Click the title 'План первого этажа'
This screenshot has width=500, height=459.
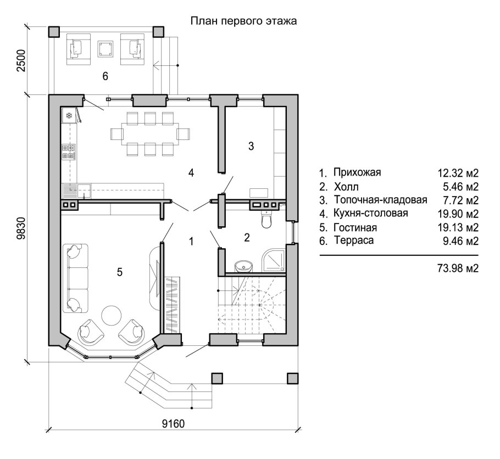click(x=243, y=21)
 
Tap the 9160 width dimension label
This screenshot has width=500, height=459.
click(x=173, y=424)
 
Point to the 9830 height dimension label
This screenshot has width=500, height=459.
click(x=21, y=228)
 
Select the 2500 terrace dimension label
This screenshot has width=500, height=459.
click(x=21, y=60)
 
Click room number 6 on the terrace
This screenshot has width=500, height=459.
click(x=105, y=76)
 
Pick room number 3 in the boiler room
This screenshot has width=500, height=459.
click(x=251, y=146)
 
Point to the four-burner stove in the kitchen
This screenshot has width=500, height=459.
click(x=69, y=152)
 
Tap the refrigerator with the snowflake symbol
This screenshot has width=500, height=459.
click(x=69, y=115)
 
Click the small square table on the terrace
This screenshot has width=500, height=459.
click(x=105, y=49)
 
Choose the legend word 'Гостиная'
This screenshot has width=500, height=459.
click(x=355, y=228)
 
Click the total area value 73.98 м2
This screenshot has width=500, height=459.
click(x=458, y=268)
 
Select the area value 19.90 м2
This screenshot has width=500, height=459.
click(x=458, y=214)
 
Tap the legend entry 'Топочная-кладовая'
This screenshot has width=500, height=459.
click(x=380, y=200)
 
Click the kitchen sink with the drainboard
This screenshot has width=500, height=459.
click(x=76, y=191)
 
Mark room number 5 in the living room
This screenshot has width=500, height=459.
click(x=120, y=272)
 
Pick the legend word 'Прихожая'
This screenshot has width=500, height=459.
click(x=357, y=172)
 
